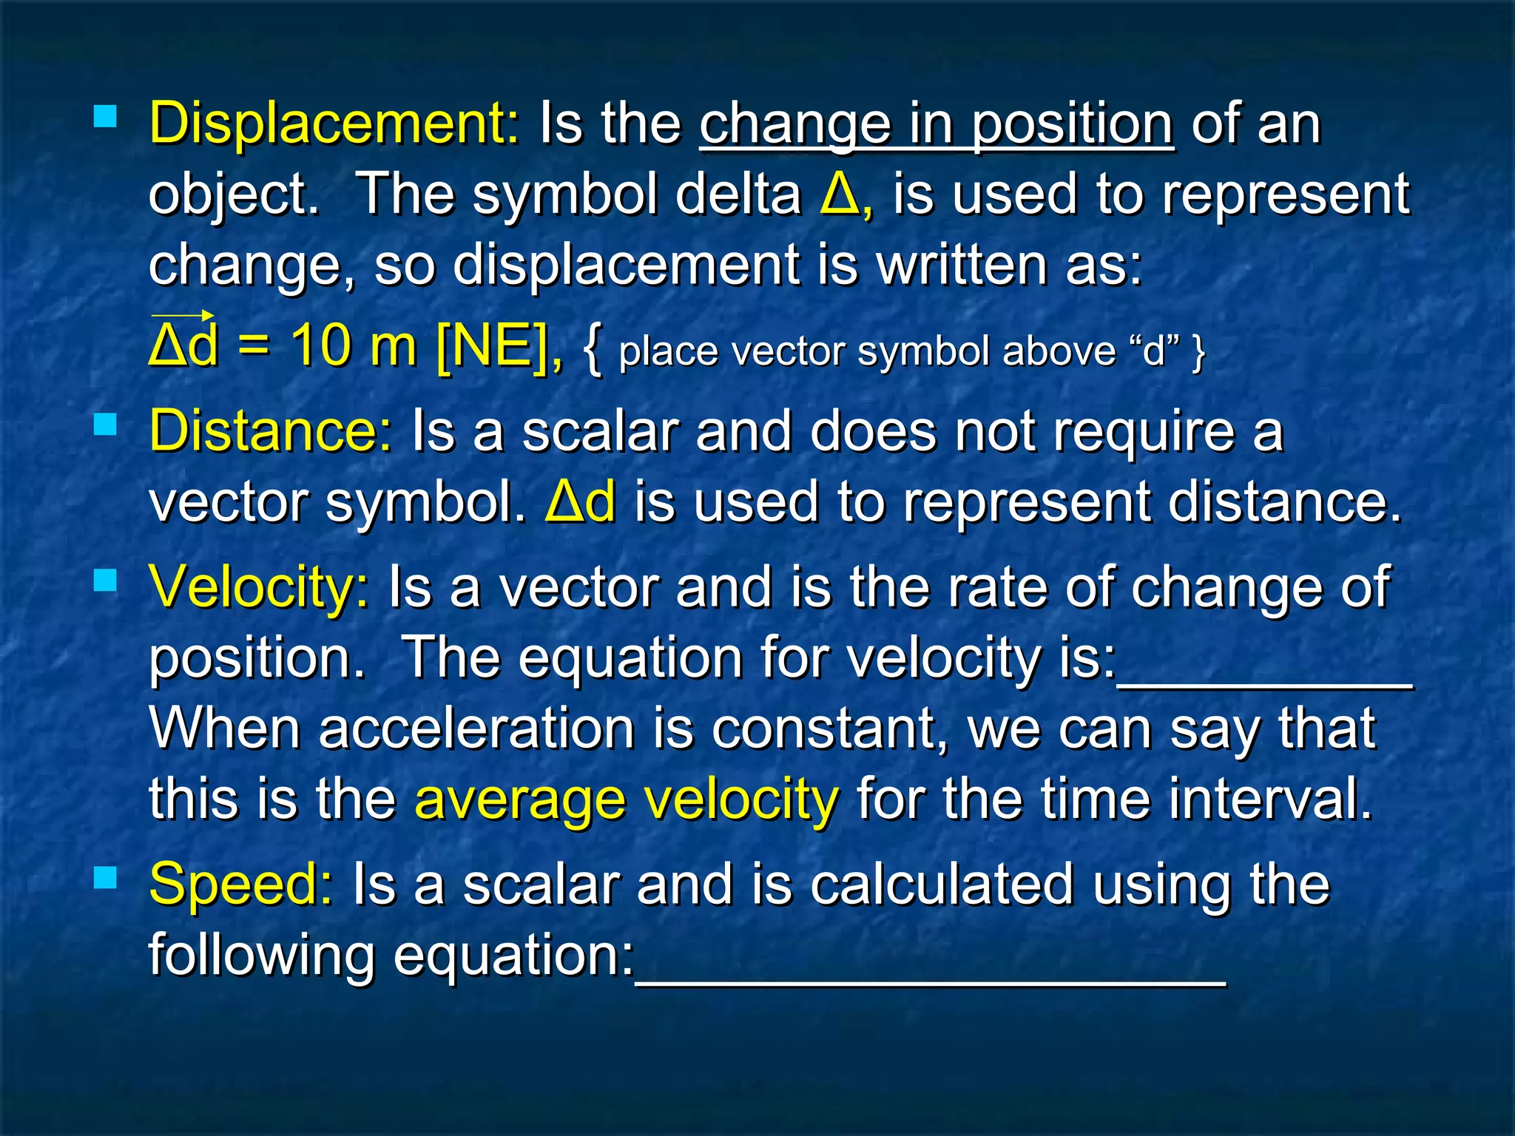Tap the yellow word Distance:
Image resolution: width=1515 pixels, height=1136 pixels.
click(x=271, y=431)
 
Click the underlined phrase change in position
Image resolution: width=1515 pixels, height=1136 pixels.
click(x=936, y=124)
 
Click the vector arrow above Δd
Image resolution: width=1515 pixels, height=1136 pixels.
click(x=183, y=316)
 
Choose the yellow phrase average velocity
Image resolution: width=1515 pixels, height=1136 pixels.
click(x=627, y=800)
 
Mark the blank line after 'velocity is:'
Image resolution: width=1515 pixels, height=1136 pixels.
click(x=1265, y=684)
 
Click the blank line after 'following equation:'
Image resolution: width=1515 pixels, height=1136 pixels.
click(x=930, y=981)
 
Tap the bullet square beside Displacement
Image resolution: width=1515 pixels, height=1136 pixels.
click(x=106, y=117)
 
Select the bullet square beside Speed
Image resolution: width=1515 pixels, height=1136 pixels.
click(x=106, y=878)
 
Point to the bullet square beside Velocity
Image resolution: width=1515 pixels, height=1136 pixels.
click(x=106, y=581)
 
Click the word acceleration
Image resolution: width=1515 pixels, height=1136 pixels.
click(x=477, y=729)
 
